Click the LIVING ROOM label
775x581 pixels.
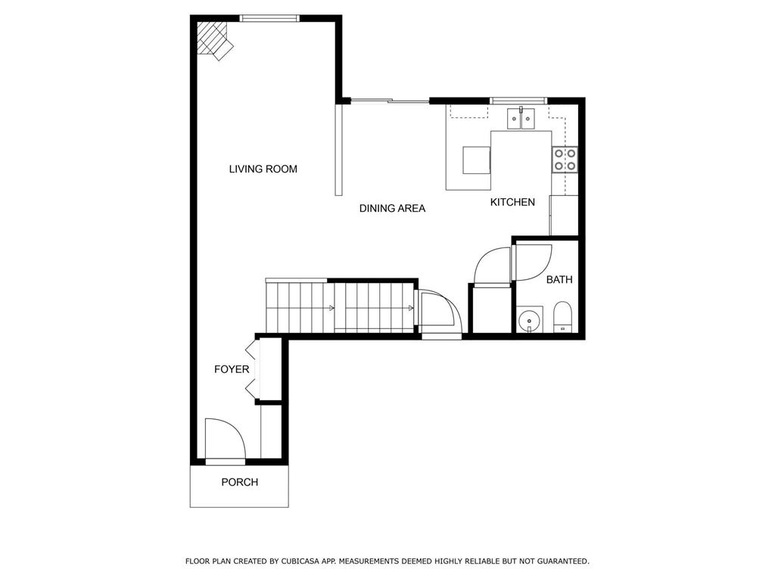tap(263, 169)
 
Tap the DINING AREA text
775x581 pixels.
tap(392, 208)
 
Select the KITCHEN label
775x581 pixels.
tap(512, 202)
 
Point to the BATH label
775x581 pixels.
tap(559, 280)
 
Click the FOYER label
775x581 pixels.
tap(232, 369)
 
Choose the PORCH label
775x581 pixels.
tap(239, 482)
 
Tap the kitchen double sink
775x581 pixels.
tap(521, 119)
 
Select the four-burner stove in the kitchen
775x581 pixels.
tap(565, 159)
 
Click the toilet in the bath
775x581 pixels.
tap(562, 316)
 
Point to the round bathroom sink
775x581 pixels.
tap(528, 321)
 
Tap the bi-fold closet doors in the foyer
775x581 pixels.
tap(251, 369)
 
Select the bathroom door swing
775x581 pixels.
tap(532, 262)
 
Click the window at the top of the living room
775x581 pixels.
tap(269, 18)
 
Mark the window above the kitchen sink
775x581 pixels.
tap(518, 101)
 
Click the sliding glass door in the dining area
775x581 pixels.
tap(390, 101)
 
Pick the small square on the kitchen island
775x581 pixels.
tap(477, 160)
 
